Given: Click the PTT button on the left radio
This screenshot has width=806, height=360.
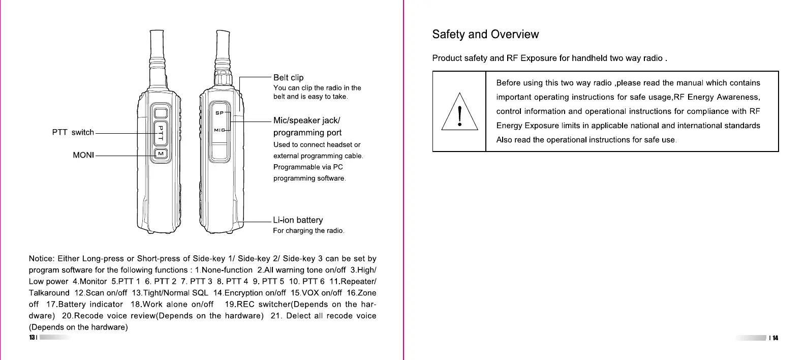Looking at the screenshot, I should coord(161,133).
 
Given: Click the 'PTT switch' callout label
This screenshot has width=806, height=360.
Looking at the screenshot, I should coord(73,132).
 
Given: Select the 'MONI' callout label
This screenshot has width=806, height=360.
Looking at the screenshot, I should coord(83,155).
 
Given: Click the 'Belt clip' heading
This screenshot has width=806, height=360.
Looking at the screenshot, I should coord(288,77).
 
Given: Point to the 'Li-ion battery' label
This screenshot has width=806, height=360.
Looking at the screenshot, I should coord(298,220).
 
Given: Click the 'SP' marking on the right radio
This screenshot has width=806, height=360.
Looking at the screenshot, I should coord(219,112).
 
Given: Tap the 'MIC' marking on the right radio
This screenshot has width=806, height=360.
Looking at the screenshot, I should coord(219,130).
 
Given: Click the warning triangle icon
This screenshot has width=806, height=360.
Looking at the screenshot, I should coord(459,113).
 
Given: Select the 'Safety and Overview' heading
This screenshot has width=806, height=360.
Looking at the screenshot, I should coord(485,35).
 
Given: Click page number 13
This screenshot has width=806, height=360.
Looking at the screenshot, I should coord(32,338).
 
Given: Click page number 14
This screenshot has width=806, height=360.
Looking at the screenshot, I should coord(775,338).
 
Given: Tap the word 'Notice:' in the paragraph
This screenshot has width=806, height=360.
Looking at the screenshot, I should coord(41,258).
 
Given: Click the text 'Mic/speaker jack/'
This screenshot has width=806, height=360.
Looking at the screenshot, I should coord(306,121).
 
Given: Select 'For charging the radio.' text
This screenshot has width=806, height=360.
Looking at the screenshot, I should coord(308,231).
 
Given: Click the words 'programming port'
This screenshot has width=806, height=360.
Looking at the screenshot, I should coord(307,133).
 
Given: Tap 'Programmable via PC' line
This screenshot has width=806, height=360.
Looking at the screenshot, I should coord(308,167).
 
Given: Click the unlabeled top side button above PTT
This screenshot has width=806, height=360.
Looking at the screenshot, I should coord(161,113).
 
